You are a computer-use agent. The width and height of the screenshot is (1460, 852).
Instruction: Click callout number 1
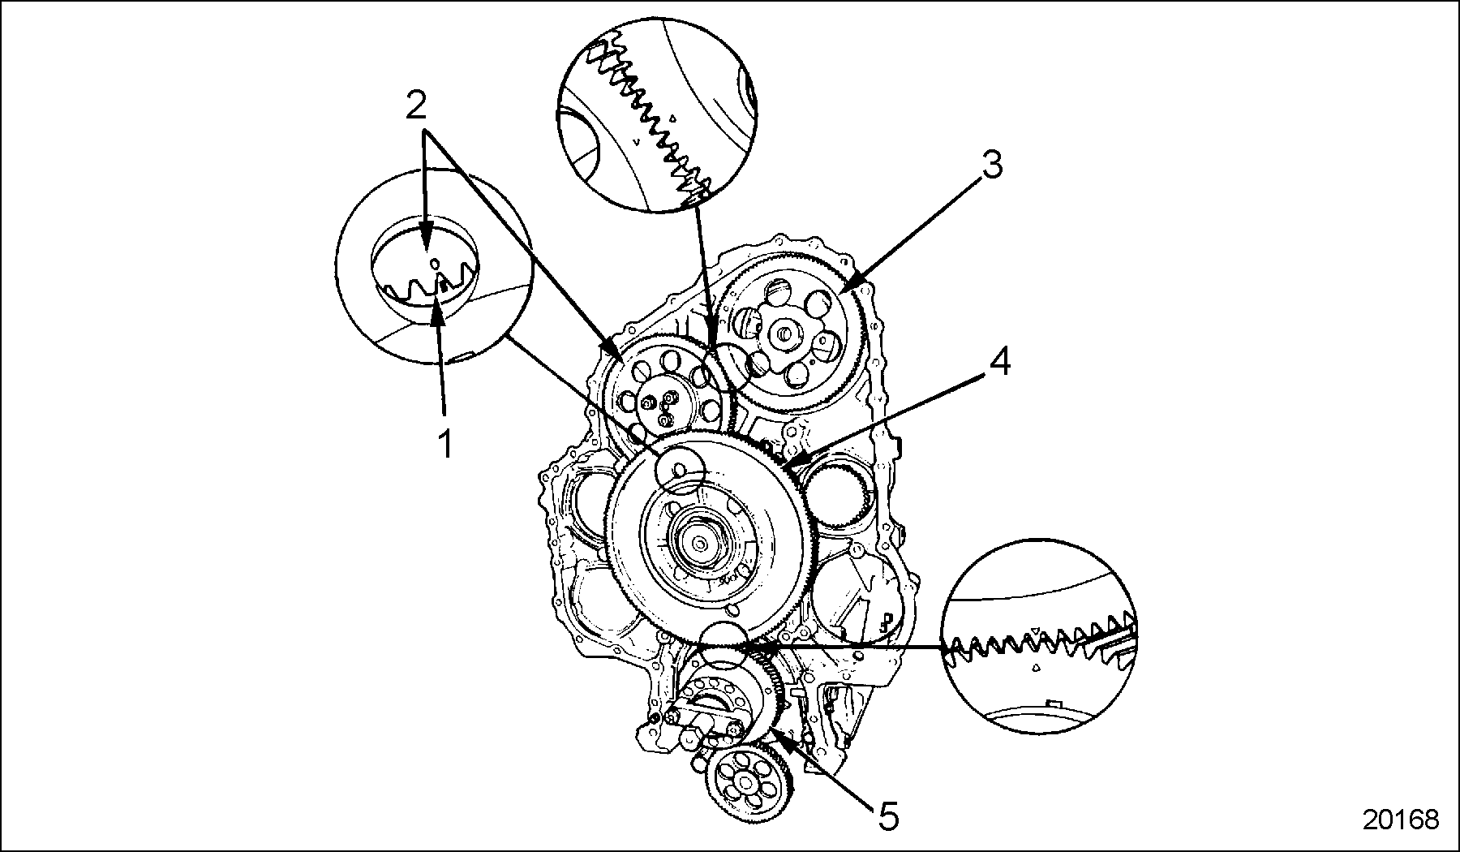pyautogui.click(x=444, y=444)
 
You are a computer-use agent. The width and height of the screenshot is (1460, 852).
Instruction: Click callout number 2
pyautogui.click(x=415, y=105)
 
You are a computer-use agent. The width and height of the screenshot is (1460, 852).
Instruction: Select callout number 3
pyautogui.click(x=990, y=166)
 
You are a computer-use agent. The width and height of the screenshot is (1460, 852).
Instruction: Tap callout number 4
pyautogui.click(x=998, y=361)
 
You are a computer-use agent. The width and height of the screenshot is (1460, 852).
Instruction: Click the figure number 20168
pyautogui.click(x=1400, y=819)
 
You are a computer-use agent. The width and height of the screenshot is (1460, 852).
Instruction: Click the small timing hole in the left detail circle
pyautogui.click(x=434, y=264)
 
